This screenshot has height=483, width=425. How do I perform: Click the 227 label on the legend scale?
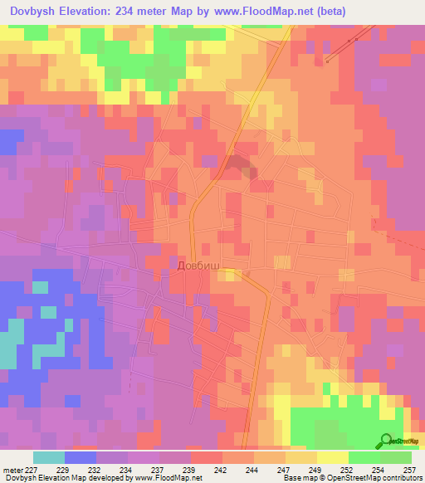33,470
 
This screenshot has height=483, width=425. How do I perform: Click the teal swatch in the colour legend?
49,457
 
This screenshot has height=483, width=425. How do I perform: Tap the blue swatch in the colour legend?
81,457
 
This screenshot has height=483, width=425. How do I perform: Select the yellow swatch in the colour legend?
333,457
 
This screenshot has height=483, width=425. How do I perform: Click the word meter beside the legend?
11,470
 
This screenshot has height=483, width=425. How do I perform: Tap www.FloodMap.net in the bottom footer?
170,478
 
